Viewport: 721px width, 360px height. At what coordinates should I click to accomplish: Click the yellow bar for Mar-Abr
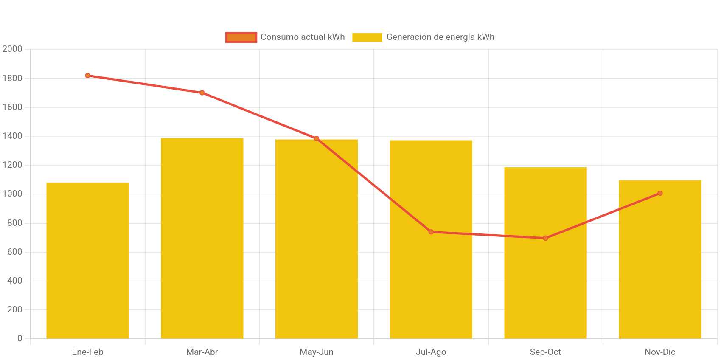[202, 238]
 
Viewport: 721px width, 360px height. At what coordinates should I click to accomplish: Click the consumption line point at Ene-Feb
[87, 76]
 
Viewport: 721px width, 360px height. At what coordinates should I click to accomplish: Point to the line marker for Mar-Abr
[202, 93]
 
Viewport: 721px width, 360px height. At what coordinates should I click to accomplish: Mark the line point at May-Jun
[317, 138]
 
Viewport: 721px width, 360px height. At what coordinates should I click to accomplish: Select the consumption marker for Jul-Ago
[431, 232]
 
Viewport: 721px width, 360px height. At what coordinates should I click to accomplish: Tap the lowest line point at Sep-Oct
[545, 238]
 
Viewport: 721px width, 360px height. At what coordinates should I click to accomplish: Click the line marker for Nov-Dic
[660, 193]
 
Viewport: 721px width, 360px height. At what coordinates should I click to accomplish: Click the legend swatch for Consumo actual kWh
[241, 37]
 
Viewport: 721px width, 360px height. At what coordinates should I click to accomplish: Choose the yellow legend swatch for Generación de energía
[367, 37]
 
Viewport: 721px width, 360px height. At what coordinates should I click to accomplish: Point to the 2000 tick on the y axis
[12, 49]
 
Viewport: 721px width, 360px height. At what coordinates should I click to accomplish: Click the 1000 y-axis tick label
[12, 194]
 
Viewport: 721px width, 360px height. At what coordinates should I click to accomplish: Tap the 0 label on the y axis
[20, 338]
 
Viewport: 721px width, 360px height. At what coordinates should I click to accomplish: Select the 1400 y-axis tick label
[12, 136]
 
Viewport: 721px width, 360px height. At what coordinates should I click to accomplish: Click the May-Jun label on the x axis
[317, 352]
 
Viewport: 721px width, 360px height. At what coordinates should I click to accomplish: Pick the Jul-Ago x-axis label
[431, 352]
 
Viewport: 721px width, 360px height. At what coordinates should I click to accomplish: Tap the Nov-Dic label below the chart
[660, 352]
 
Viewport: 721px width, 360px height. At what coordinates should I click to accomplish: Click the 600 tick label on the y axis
[14, 252]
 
